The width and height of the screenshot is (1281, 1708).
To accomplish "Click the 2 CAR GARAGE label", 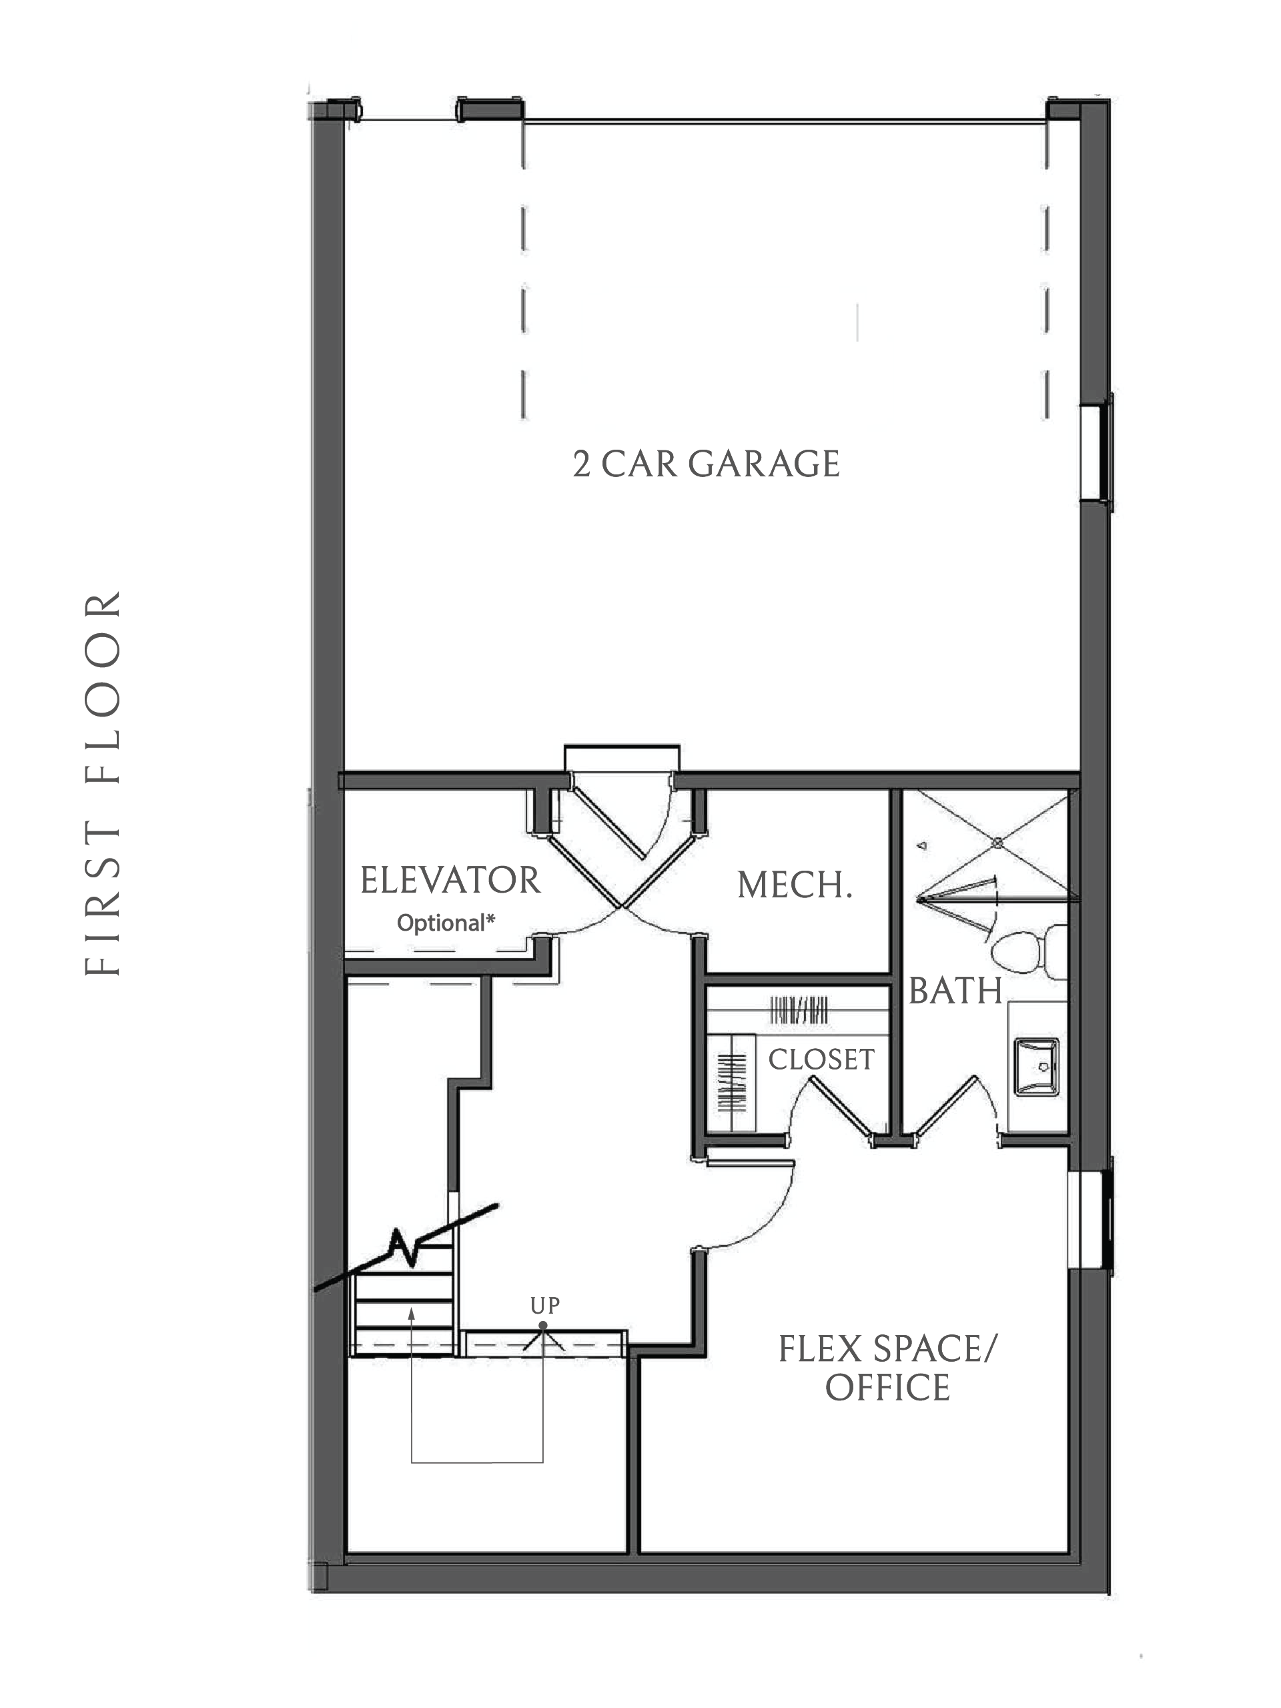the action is click(x=706, y=464).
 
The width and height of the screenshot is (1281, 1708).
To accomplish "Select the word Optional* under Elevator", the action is click(x=446, y=923).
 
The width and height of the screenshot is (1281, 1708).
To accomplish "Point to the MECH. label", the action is click(x=795, y=885).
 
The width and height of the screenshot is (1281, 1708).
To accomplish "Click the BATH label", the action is click(x=955, y=991).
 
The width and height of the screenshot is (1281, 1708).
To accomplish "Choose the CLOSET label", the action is click(x=821, y=1059).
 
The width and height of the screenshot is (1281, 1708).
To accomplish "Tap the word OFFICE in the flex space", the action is click(x=887, y=1388).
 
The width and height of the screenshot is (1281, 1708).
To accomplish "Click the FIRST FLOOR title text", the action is click(x=103, y=783).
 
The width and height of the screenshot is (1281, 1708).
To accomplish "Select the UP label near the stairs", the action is click(x=544, y=1305).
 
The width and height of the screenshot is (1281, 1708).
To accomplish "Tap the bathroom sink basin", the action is click(x=1036, y=1067).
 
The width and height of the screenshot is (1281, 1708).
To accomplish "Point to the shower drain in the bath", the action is click(x=997, y=843).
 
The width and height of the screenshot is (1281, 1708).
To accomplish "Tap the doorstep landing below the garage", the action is click(x=622, y=757).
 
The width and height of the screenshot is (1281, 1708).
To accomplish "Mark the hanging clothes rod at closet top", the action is click(x=799, y=1011).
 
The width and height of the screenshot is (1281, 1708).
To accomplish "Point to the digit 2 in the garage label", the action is click(x=581, y=465).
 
